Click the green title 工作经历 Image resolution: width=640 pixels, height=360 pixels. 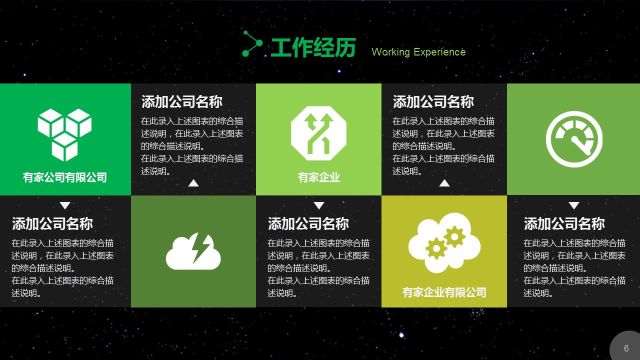pyautogui.click(x=313, y=47)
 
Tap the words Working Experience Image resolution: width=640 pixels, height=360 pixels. pyautogui.click(x=418, y=52)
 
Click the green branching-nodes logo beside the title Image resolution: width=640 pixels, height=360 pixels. pyautogui.click(x=252, y=43)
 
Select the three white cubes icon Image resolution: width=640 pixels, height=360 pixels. pyautogui.click(x=64, y=134)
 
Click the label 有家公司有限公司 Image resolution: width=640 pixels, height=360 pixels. pyautogui.click(x=65, y=177)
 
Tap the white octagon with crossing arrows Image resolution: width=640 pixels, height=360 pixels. pyautogui.click(x=318, y=133)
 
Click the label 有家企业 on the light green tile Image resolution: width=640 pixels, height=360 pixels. pyautogui.click(x=319, y=177)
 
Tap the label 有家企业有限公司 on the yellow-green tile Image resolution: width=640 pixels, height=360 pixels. pyautogui.click(x=444, y=292)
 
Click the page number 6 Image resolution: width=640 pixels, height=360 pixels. pyautogui.click(x=626, y=348)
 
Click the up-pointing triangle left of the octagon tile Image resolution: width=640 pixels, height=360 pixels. pyautogui.click(x=193, y=183)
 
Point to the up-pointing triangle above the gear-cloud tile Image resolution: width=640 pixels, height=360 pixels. pyautogui.click(x=444, y=183)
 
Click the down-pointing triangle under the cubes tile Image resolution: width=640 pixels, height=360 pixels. pyautogui.click(x=65, y=205)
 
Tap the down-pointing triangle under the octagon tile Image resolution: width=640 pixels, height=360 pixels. pyautogui.click(x=319, y=205)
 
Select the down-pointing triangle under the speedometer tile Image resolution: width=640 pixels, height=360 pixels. pyautogui.click(x=574, y=205)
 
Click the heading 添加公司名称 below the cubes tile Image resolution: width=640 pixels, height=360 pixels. pyautogui.click(x=52, y=223)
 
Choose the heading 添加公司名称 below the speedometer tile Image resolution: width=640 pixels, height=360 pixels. pyautogui.click(x=564, y=223)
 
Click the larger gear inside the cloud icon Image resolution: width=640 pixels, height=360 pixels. pyautogui.click(x=436, y=248)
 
